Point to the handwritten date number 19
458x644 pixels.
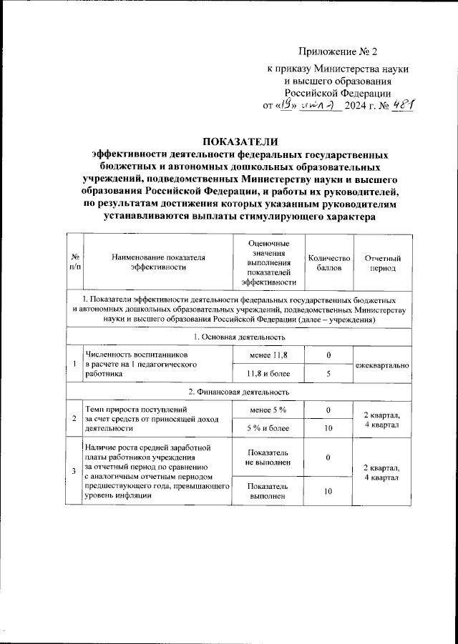tap(288, 104)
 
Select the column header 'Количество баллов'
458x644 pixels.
tap(328, 262)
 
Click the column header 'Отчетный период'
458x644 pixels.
tap(382, 262)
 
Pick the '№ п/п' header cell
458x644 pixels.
tap(74, 262)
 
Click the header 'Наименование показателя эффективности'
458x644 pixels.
tap(157, 262)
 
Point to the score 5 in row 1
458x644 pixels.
tap(328, 373)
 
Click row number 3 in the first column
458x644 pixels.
tap(74, 470)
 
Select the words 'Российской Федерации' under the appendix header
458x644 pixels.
tap(337, 91)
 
